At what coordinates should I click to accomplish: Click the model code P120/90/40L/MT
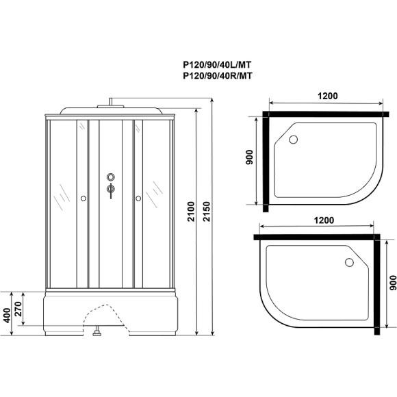218,66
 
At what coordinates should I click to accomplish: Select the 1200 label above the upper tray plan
326,97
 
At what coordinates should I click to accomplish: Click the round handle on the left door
83,198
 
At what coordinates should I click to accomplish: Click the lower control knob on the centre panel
110,189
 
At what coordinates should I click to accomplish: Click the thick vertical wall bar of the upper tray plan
262,160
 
